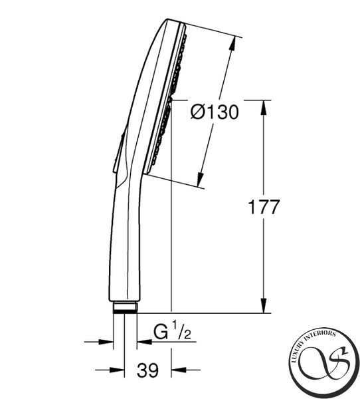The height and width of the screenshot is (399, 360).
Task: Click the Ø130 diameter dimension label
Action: coord(215,112)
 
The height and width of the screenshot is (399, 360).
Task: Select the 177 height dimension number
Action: coord(264,207)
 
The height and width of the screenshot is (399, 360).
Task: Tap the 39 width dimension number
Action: coord(147,370)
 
